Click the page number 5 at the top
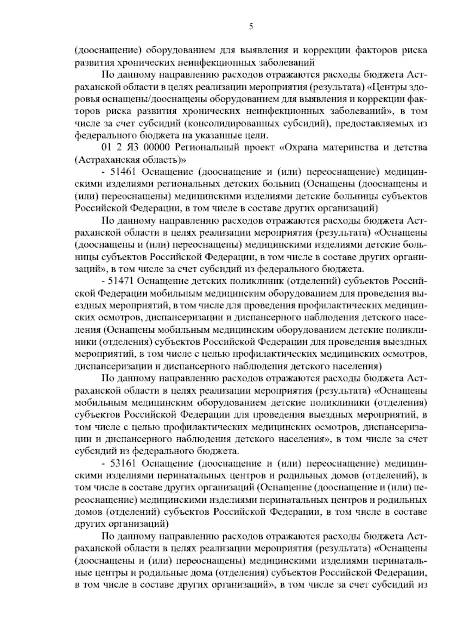point(251,27)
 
